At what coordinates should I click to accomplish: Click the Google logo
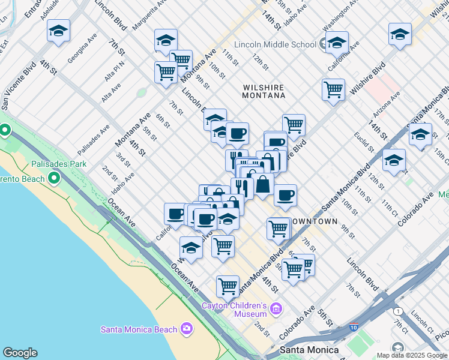pos(20,353)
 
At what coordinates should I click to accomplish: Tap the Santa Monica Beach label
pos(139,329)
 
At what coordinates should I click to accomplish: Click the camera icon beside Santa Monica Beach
pos(187,328)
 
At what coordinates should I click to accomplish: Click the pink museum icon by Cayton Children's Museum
pos(276,309)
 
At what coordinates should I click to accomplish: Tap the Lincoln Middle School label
pos(275,44)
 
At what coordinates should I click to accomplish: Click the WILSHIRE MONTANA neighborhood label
pos(264,91)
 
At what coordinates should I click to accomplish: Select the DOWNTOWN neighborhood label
pos(314,221)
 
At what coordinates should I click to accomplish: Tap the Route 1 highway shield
pos(397,311)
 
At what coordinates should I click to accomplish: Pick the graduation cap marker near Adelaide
pos(58,31)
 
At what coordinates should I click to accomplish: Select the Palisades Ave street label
pos(94,140)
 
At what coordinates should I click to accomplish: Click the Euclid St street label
pos(363,142)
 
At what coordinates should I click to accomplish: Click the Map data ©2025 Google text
pos(412,355)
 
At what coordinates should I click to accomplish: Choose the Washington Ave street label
pos(336,19)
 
